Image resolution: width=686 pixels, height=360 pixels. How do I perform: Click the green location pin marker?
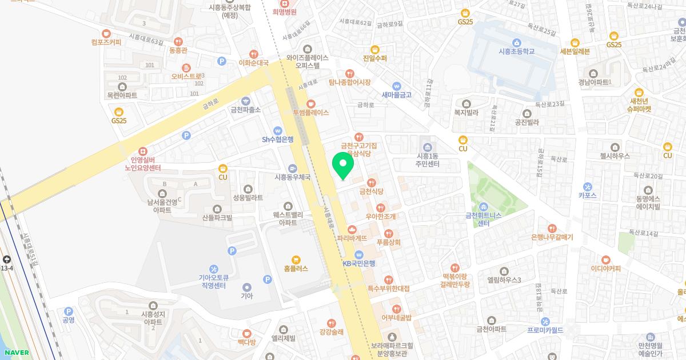tap(343, 165)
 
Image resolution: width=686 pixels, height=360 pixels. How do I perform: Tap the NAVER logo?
tap(16, 353)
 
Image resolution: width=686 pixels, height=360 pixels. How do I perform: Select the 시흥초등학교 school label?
tap(516, 51)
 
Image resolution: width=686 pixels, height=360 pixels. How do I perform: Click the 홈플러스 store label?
tap(296, 268)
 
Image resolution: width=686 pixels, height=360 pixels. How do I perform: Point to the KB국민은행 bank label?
tap(359, 263)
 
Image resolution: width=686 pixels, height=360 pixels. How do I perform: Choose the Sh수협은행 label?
tap(278, 138)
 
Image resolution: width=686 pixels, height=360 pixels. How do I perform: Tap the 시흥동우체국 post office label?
tap(293, 177)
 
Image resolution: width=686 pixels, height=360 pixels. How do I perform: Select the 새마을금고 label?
tap(397, 94)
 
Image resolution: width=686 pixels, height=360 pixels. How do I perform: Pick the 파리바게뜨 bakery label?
tap(352, 237)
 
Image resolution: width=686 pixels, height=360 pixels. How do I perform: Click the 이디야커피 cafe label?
tap(606, 268)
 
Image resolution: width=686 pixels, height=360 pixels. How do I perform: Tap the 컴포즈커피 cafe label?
tap(106, 41)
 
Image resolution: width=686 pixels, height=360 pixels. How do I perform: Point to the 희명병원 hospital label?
tap(284, 11)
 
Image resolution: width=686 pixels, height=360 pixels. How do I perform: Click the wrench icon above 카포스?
tap(587, 186)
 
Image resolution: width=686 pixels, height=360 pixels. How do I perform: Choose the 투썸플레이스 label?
tap(310, 112)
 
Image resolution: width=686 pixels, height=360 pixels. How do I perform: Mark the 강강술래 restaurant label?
tap(331, 332)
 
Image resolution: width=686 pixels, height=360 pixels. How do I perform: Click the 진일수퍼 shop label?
tap(375, 58)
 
